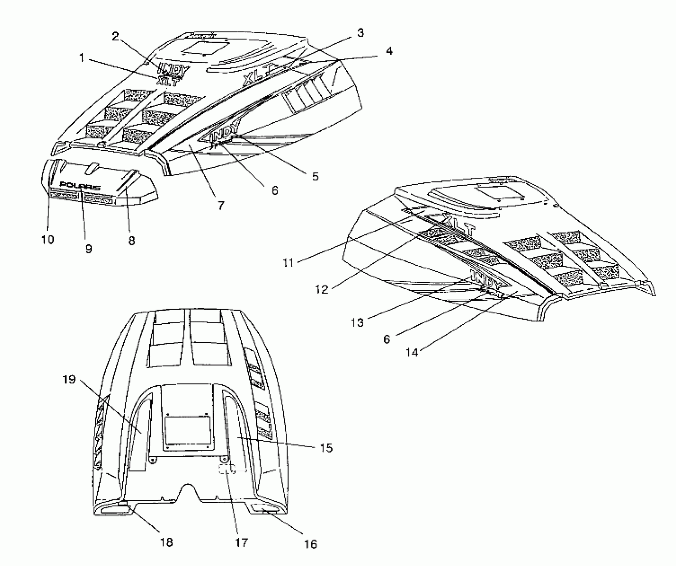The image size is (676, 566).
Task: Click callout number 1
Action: [x=82, y=58]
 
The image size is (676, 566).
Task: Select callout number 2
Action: [x=115, y=36]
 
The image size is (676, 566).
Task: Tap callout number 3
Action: [x=360, y=33]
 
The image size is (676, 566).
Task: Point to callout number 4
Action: [x=389, y=51]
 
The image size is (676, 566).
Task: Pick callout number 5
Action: [x=315, y=176]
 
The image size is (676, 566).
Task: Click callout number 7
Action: [x=221, y=205]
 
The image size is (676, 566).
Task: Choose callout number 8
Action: [x=132, y=240]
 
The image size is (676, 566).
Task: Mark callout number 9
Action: [x=89, y=248]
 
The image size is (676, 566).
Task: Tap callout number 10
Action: [x=48, y=239]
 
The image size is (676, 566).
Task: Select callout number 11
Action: [x=288, y=263]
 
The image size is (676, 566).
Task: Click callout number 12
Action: [x=322, y=289]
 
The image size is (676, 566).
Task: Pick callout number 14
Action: [x=412, y=352]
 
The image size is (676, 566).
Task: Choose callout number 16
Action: [x=310, y=544]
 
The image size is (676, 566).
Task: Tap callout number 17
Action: [x=242, y=543]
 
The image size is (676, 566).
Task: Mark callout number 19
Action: [x=69, y=379]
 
